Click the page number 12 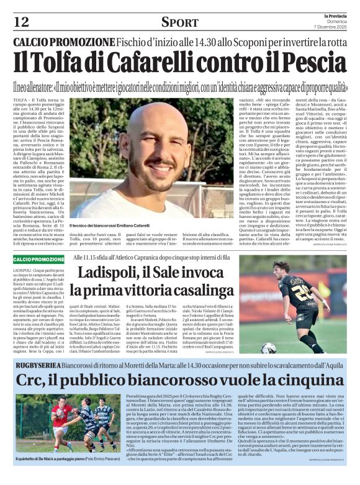tap(21, 22)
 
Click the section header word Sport tap(179, 22)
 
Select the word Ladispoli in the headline tap(112, 273)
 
